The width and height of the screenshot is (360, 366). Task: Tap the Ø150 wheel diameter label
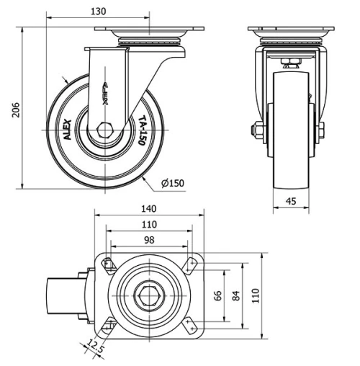point(173,183)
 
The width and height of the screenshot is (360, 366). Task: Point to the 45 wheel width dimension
point(291,202)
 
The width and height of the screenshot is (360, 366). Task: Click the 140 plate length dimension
point(149,209)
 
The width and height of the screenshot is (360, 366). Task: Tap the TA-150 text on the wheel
point(143,131)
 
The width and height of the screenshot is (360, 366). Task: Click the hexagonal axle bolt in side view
point(106,132)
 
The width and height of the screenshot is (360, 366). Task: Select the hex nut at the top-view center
point(149,295)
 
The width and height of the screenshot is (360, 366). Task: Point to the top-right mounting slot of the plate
point(191,264)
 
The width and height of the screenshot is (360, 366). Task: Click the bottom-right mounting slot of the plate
point(191,326)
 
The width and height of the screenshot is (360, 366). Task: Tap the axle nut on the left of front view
point(256,130)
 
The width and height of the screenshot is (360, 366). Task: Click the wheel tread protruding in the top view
point(63,295)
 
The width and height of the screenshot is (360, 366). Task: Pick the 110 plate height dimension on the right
point(255,295)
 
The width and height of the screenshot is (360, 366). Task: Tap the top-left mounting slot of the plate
point(108,264)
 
